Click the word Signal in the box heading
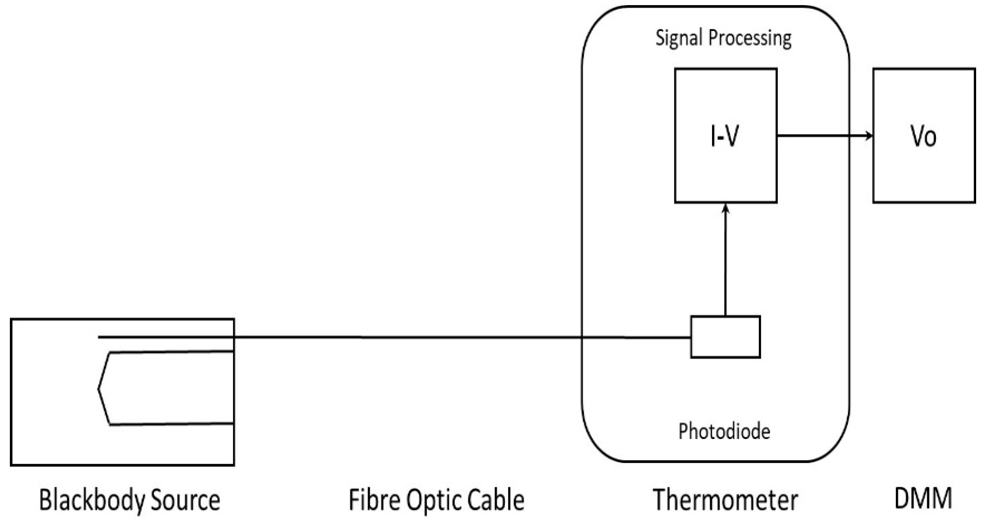[679, 38]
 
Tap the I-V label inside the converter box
[724, 136]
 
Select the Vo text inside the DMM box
[923, 136]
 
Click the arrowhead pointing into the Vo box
[869, 135]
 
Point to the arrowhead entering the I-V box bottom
[725, 209]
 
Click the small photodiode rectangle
[725, 337]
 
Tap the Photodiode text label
[724, 431]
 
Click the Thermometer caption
[725, 500]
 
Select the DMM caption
[923, 498]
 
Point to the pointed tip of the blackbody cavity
[99, 389]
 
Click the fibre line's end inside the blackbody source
[99, 337]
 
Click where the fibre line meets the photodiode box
[691, 337]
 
